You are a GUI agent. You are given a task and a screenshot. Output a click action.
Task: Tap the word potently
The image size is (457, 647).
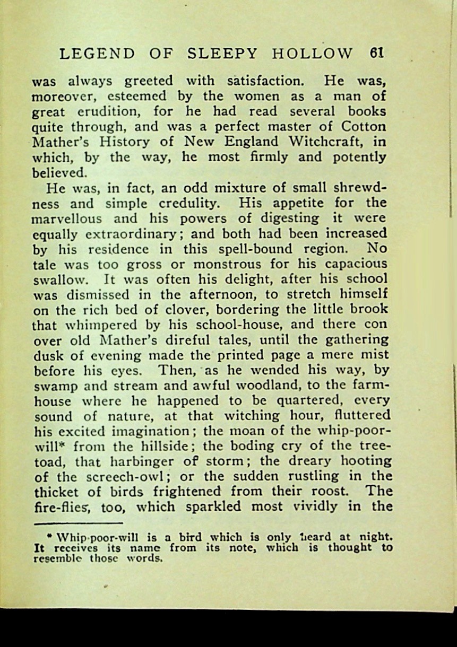(360, 158)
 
